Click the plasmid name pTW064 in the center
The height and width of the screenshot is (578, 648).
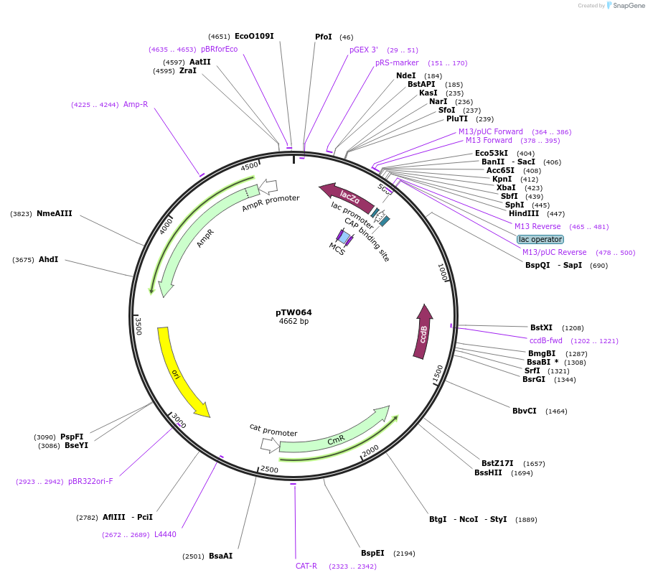click(x=294, y=312)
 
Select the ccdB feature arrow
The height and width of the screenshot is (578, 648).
click(x=423, y=332)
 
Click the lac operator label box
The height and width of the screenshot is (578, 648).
click(x=540, y=239)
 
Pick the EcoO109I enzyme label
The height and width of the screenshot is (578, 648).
click(x=254, y=36)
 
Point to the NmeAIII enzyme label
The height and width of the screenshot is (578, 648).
click(x=55, y=213)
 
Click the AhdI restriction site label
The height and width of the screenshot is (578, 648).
click(x=49, y=259)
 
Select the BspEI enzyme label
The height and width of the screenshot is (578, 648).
click(x=372, y=553)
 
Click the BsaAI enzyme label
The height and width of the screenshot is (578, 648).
click(x=221, y=556)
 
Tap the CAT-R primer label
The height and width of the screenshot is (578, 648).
click(x=306, y=566)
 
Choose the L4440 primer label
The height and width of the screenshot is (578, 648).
click(x=165, y=534)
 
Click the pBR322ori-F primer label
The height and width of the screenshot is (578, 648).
click(x=90, y=481)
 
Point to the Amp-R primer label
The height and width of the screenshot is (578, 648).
click(x=136, y=104)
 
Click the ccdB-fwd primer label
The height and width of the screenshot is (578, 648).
click(x=546, y=340)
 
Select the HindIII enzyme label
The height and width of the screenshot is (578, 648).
click(x=527, y=213)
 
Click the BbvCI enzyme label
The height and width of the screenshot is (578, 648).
click(x=525, y=411)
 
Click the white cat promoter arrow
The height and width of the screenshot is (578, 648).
click(x=270, y=445)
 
